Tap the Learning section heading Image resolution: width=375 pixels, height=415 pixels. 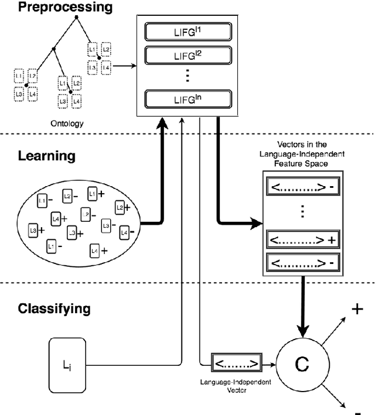46,156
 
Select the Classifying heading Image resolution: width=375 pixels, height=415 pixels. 54,308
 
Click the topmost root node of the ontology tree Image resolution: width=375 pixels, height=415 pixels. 76,19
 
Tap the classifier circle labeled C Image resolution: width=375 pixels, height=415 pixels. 301,364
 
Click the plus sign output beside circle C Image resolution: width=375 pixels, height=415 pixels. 357,309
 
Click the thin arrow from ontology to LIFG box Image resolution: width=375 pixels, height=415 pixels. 122,66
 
